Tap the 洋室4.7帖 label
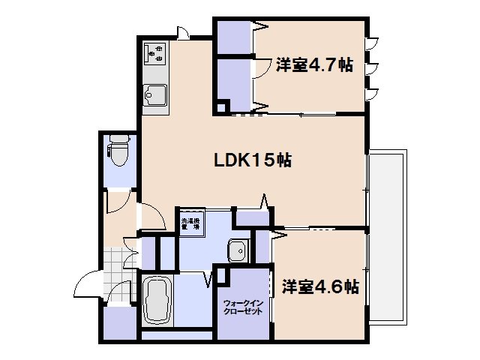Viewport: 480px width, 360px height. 313,65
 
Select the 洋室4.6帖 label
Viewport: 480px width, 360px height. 319,286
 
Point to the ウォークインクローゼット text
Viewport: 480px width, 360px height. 242,307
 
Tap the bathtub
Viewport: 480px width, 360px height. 158,303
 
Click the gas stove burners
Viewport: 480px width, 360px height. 156,52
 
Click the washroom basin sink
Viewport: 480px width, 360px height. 238,250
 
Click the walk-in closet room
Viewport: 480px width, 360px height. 242,304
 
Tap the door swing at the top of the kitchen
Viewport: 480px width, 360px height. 182,32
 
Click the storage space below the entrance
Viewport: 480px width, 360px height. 118,324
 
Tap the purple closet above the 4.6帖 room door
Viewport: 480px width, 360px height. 253,218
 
